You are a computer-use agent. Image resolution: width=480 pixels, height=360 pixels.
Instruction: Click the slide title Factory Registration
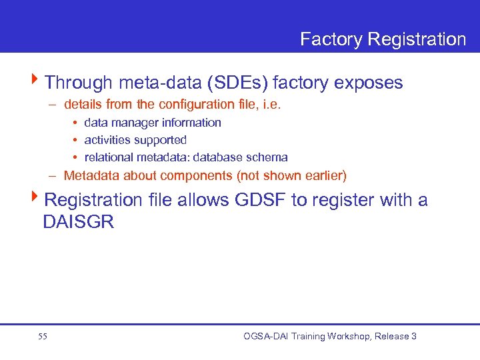point(383,39)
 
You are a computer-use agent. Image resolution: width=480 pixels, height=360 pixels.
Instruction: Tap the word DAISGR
point(79,223)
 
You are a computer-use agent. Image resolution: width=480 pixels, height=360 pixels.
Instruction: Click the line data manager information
point(153,123)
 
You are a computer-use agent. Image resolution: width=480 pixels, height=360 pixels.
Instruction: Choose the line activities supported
point(135,140)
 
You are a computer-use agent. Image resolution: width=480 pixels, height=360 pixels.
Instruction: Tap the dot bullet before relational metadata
point(75,158)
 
